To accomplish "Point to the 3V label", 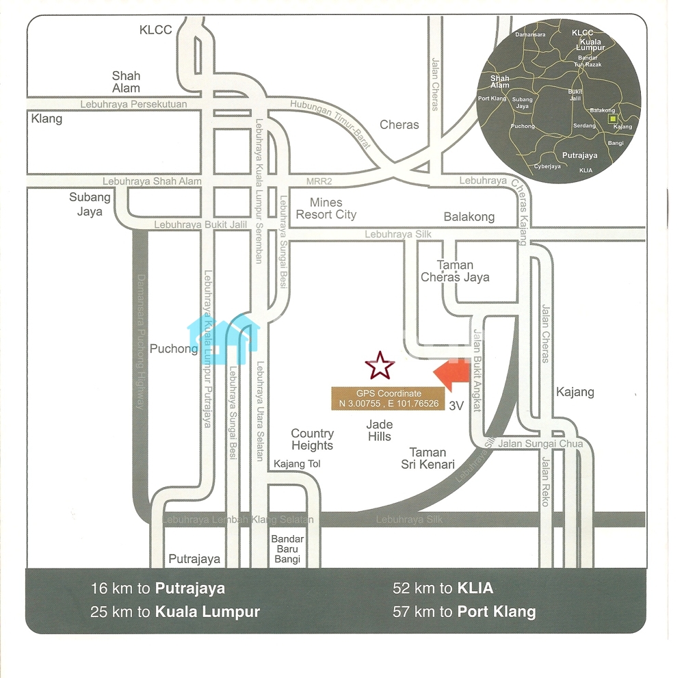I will [456, 406].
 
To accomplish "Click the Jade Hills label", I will [379, 431].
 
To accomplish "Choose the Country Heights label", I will [312, 439].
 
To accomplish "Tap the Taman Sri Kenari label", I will [428, 458].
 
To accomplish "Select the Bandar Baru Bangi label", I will [287, 549].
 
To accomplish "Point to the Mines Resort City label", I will [326, 209].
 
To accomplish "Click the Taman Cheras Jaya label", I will [455, 271].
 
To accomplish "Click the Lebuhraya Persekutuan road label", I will [133, 104].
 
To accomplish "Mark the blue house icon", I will [224, 338].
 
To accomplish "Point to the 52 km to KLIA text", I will [443, 588].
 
